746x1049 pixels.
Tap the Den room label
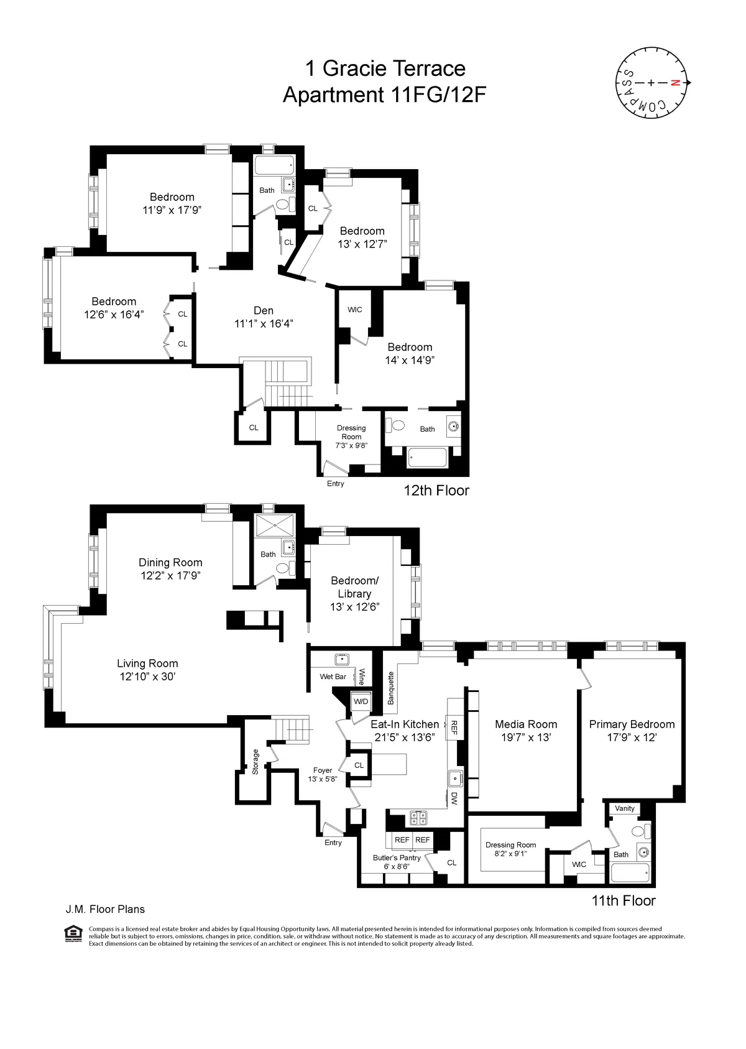click(x=264, y=310)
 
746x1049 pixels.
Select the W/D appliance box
click(x=361, y=701)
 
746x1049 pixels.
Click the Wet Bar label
click(x=333, y=677)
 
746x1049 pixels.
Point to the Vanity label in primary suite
click(x=625, y=808)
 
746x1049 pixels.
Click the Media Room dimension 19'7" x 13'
click(x=526, y=737)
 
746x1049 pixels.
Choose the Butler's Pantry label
click(x=397, y=857)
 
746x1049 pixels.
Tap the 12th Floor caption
click(x=436, y=490)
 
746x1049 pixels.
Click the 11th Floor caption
click(x=623, y=900)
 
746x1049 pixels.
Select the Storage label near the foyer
click(x=256, y=761)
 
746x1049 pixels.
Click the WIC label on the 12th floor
click(x=354, y=310)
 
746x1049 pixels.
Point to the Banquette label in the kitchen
click(x=391, y=688)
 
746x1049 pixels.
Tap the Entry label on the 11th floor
click(x=333, y=843)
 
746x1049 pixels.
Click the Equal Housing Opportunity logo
click(x=73, y=933)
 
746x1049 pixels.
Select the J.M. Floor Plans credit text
click(x=105, y=909)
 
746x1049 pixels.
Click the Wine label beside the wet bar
click(x=362, y=677)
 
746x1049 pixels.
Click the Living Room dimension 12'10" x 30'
click(x=147, y=677)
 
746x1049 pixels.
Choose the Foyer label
click(x=322, y=770)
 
